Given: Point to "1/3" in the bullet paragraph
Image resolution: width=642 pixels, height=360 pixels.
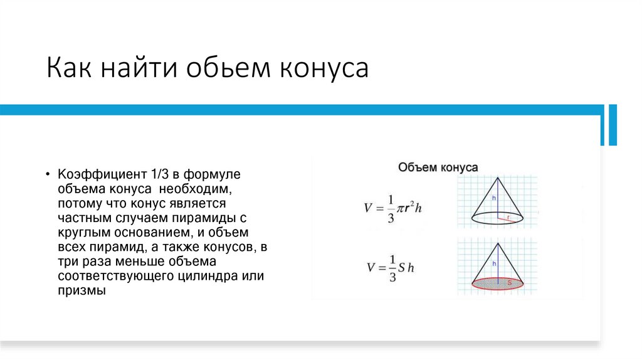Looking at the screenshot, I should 157,173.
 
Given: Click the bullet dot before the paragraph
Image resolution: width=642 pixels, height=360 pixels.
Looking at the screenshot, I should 48,174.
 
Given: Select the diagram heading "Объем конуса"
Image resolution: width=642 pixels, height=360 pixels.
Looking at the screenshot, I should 438,167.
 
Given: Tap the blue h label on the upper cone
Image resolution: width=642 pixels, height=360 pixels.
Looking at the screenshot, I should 494,198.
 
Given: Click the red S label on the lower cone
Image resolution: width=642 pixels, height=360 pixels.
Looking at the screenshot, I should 510,283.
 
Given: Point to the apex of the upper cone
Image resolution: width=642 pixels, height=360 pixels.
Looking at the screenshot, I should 498,177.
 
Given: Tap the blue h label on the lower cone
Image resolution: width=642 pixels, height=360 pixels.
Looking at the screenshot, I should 494,264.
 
